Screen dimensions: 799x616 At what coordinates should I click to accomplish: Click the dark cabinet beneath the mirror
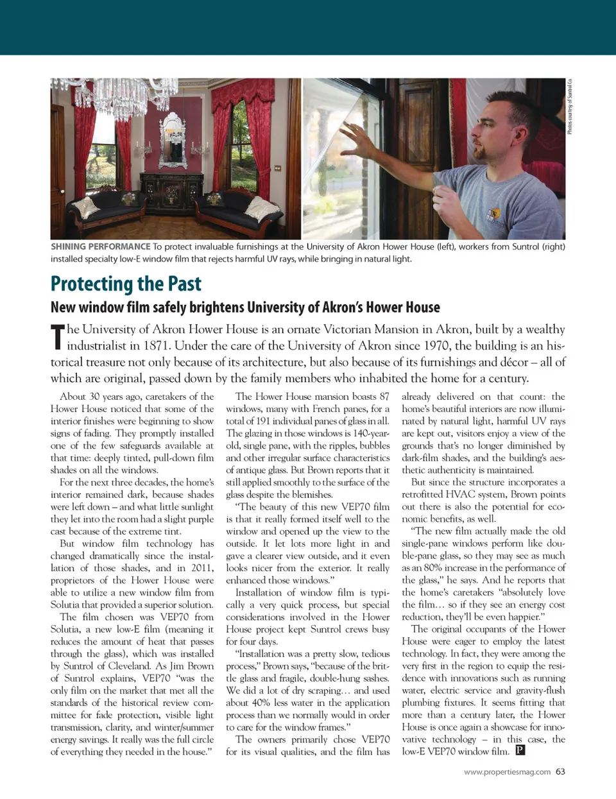(173, 193)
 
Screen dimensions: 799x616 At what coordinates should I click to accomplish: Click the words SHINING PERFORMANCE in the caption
(101, 246)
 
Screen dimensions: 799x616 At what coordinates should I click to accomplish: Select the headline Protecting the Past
(126, 284)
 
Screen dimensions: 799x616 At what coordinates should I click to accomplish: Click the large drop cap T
(58, 337)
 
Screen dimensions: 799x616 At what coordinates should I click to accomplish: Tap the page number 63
(560, 771)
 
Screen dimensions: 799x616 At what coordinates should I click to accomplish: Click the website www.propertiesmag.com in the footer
(507, 772)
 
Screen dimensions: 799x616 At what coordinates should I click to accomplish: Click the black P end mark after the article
(520, 750)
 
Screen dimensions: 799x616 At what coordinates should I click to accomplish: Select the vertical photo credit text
(569, 107)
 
